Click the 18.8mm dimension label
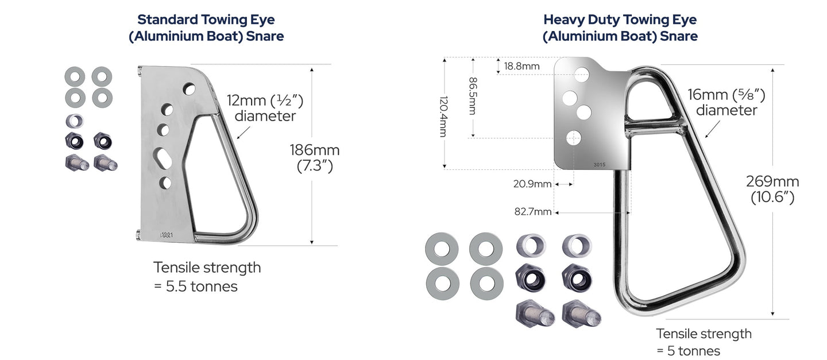(521, 66)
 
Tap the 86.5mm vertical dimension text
(473, 96)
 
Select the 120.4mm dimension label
(444, 117)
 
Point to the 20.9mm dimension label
(532, 184)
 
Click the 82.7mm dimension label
(533, 211)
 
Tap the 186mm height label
(315, 158)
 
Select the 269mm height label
(772, 189)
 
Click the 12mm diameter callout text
(265, 108)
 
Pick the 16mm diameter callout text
(726, 102)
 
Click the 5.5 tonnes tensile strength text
(207, 277)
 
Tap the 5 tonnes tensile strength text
(704, 342)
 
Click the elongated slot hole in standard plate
(162, 158)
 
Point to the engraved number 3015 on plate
(599, 165)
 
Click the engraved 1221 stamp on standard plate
(167, 235)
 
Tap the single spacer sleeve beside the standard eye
(75, 121)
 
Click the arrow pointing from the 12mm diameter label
(244, 133)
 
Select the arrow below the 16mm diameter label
(712, 130)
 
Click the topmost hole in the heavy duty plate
(582, 75)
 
